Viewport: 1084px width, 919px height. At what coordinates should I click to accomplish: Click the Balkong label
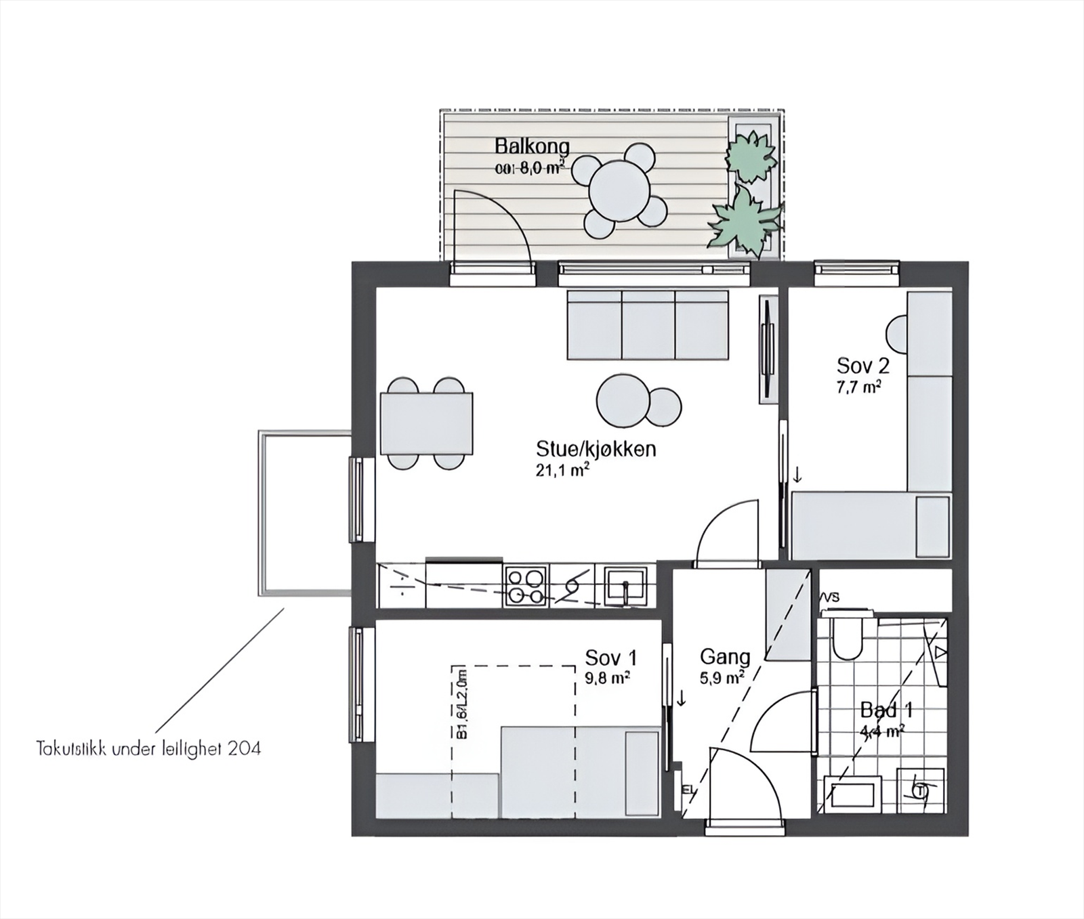coord(532,146)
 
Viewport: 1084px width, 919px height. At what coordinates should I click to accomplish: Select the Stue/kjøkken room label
coord(596,448)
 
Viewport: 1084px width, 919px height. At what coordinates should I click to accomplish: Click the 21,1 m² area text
coord(562,470)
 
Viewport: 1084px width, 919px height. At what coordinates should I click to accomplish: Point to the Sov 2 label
coord(862,366)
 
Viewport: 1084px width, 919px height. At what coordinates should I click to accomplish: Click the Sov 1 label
coord(610,658)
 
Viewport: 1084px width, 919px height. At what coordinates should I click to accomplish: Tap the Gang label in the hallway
coord(725,656)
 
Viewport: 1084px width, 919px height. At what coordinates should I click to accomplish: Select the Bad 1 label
coord(886,710)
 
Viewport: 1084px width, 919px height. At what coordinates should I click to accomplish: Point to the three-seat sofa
coord(648,325)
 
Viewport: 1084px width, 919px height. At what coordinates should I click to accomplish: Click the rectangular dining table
coord(426,423)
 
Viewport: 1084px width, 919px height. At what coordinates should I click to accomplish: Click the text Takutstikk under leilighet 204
coord(148,748)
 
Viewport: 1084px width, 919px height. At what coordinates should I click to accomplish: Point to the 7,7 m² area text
coord(858,387)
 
